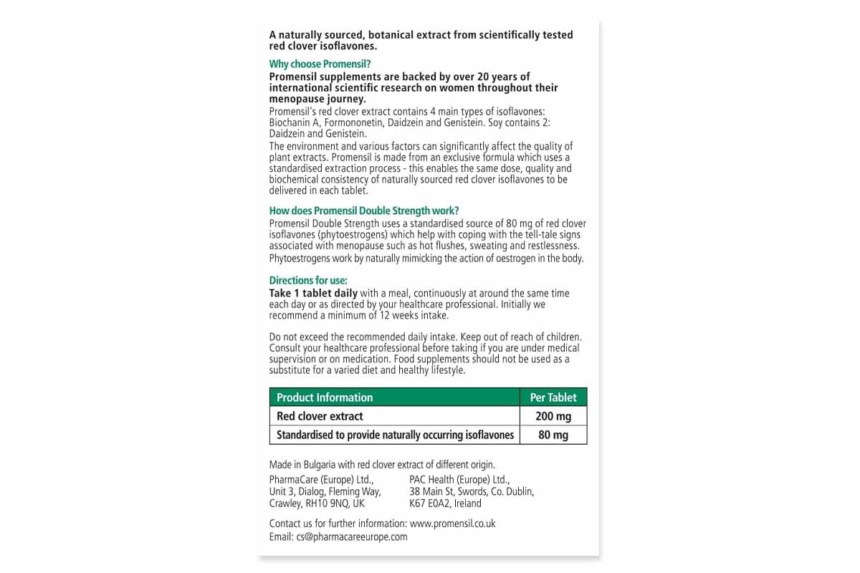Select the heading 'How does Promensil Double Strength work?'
tap(364, 211)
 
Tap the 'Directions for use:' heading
tap(308, 281)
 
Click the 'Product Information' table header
tap(325, 398)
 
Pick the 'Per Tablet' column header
tap(553, 398)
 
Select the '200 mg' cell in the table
tap(553, 416)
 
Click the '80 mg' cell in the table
tap(553, 435)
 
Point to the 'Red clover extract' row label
tap(320, 416)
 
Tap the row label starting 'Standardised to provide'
tap(396, 435)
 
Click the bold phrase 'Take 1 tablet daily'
tap(313, 294)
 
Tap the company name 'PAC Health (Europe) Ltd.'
tap(459, 479)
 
